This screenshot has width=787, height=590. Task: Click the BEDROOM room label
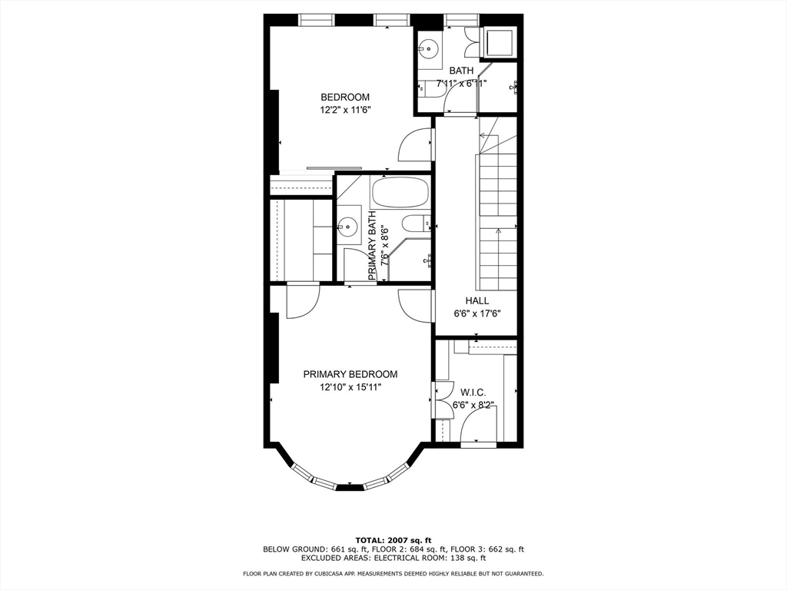[x=345, y=98]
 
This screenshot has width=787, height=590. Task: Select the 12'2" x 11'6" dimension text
[x=345, y=111]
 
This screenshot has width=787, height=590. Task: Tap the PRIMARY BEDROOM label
[x=350, y=374]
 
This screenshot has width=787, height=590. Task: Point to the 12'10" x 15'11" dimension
[x=350, y=388]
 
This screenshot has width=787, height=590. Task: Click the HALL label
[x=477, y=300]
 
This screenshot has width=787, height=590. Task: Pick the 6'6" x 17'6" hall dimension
[x=477, y=313]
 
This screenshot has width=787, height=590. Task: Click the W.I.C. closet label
[x=473, y=392]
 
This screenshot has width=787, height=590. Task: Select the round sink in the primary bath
[x=348, y=227]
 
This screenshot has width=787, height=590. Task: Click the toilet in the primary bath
[x=416, y=224]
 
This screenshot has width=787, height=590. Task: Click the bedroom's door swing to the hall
[x=413, y=146]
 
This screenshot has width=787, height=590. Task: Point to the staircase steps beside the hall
[x=498, y=219]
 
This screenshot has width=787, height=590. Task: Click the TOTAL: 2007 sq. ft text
[x=393, y=539]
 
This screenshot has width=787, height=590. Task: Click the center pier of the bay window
[x=350, y=487]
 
